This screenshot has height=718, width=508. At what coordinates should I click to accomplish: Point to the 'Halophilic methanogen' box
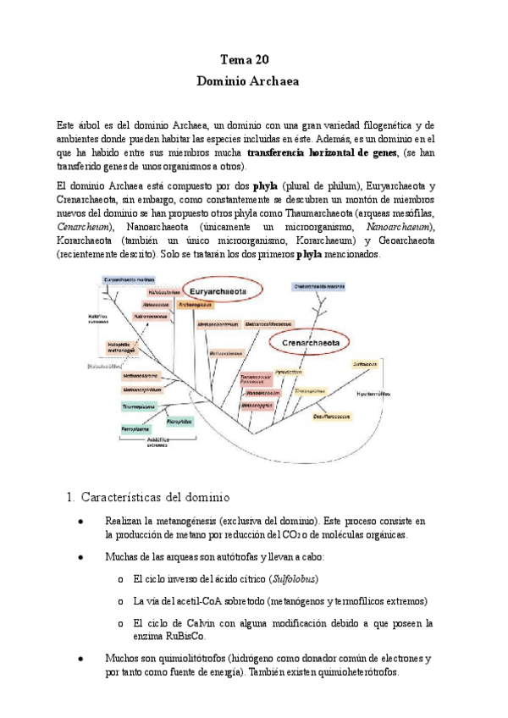point(124,347)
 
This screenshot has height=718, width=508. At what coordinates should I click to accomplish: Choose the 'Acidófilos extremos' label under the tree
point(157,442)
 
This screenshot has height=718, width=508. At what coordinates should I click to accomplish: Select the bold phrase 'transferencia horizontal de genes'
point(342,152)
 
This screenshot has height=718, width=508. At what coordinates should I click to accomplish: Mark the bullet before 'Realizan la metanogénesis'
point(80,522)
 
